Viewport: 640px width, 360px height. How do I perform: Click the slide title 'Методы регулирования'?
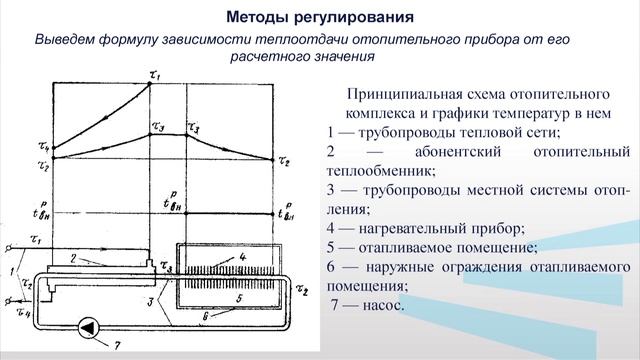pos(319,17)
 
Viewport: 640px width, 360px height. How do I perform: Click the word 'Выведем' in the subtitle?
pos(67,39)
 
